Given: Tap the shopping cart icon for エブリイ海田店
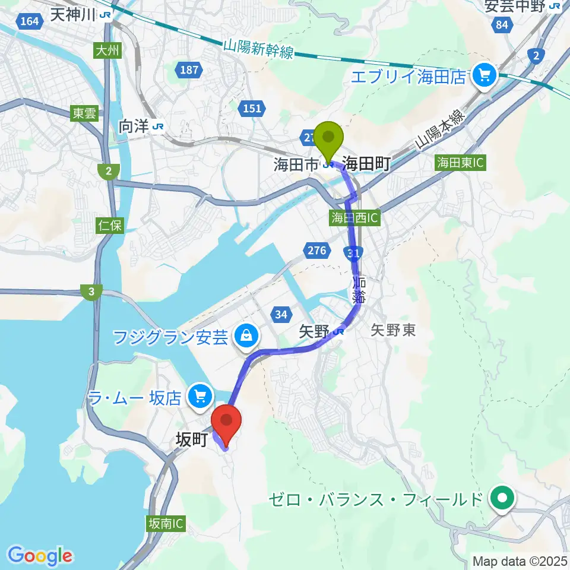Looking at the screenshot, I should tap(484, 76).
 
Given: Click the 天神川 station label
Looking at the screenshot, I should tap(73, 15).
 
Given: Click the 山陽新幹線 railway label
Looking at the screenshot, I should tap(259, 49).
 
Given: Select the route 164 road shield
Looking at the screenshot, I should tap(28, 22).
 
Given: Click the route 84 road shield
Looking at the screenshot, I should tap(503, 25).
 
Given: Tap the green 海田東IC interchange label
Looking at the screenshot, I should tap(461, 162).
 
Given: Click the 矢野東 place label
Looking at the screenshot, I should tap(392, 331).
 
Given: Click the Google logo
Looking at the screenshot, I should tap(40, 556).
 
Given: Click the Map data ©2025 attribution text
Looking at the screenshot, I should tap(519, 560).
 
